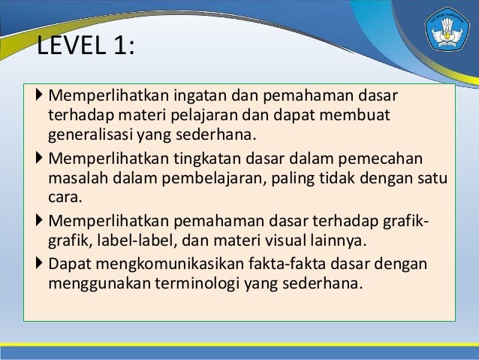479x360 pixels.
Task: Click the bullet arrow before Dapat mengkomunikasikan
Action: (x=40, y=264)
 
